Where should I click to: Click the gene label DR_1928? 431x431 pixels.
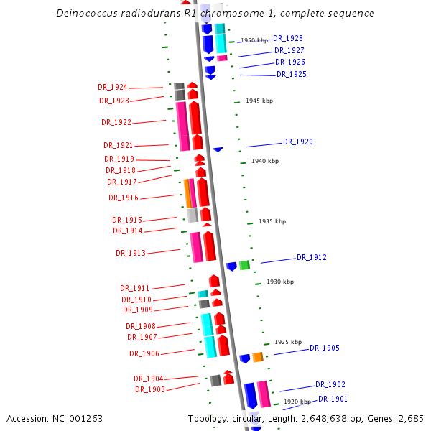288,38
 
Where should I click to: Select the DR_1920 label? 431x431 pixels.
297,142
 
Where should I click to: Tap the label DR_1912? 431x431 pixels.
312,257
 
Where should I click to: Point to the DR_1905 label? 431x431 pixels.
324,348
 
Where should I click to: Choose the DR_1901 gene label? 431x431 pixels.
333,399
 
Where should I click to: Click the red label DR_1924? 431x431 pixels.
113,87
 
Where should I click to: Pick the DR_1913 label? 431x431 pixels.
130,253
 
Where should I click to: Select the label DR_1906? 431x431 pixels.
144,353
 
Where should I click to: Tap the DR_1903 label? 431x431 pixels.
150,389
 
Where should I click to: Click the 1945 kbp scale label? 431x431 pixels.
259,101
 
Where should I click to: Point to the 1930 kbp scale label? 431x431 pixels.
280,282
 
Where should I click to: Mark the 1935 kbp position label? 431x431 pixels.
272,221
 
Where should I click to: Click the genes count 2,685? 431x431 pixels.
409,418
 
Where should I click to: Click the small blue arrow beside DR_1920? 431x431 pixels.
218,149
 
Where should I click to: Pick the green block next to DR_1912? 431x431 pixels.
244,265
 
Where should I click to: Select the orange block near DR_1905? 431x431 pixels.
257,357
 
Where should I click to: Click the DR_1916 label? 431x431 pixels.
124,198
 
